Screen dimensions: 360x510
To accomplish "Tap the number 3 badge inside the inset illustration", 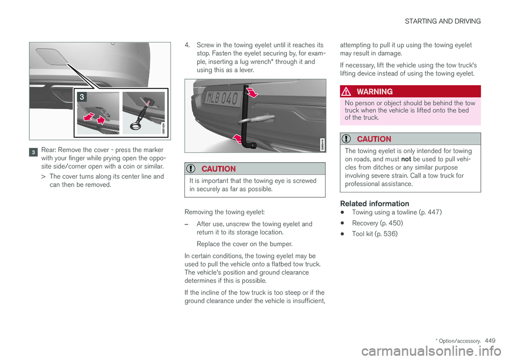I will tap(81, 96).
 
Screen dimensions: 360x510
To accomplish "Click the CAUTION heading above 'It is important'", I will tap(217, 169).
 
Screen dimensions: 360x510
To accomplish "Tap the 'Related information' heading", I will tap(375, 203).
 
